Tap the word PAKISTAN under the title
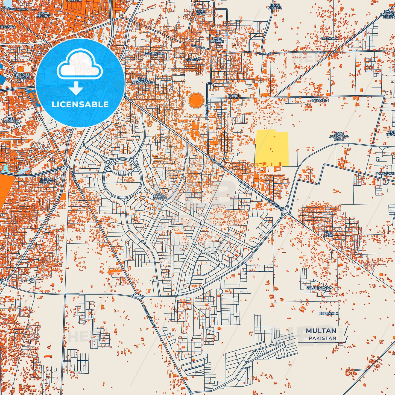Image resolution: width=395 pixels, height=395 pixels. click(323, 338)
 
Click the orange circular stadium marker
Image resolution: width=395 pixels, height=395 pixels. click(196, 100)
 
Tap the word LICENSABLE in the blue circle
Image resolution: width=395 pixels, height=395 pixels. click(80, 104)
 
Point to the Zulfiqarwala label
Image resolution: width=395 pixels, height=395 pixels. click(320, 288)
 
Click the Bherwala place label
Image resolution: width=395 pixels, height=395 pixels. click(328, 314)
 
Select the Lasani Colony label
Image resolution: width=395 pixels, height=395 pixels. click(46, 180)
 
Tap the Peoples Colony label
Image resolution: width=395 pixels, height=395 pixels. click(22, 76)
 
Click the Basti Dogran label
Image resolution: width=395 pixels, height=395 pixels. click(11, 120)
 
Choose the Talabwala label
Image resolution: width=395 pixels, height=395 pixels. click(154, 54)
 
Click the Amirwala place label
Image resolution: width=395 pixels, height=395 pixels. click(320, 100)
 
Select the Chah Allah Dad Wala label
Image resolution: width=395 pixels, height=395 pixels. click(339, 137)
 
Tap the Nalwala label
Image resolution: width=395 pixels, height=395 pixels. click(330, 38)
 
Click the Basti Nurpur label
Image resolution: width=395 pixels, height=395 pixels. click(275, 7)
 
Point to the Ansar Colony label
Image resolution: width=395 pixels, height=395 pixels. click(44, 15)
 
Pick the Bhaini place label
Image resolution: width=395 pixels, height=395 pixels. click(233, 96)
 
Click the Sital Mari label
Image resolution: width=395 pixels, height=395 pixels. click(200, 13)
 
